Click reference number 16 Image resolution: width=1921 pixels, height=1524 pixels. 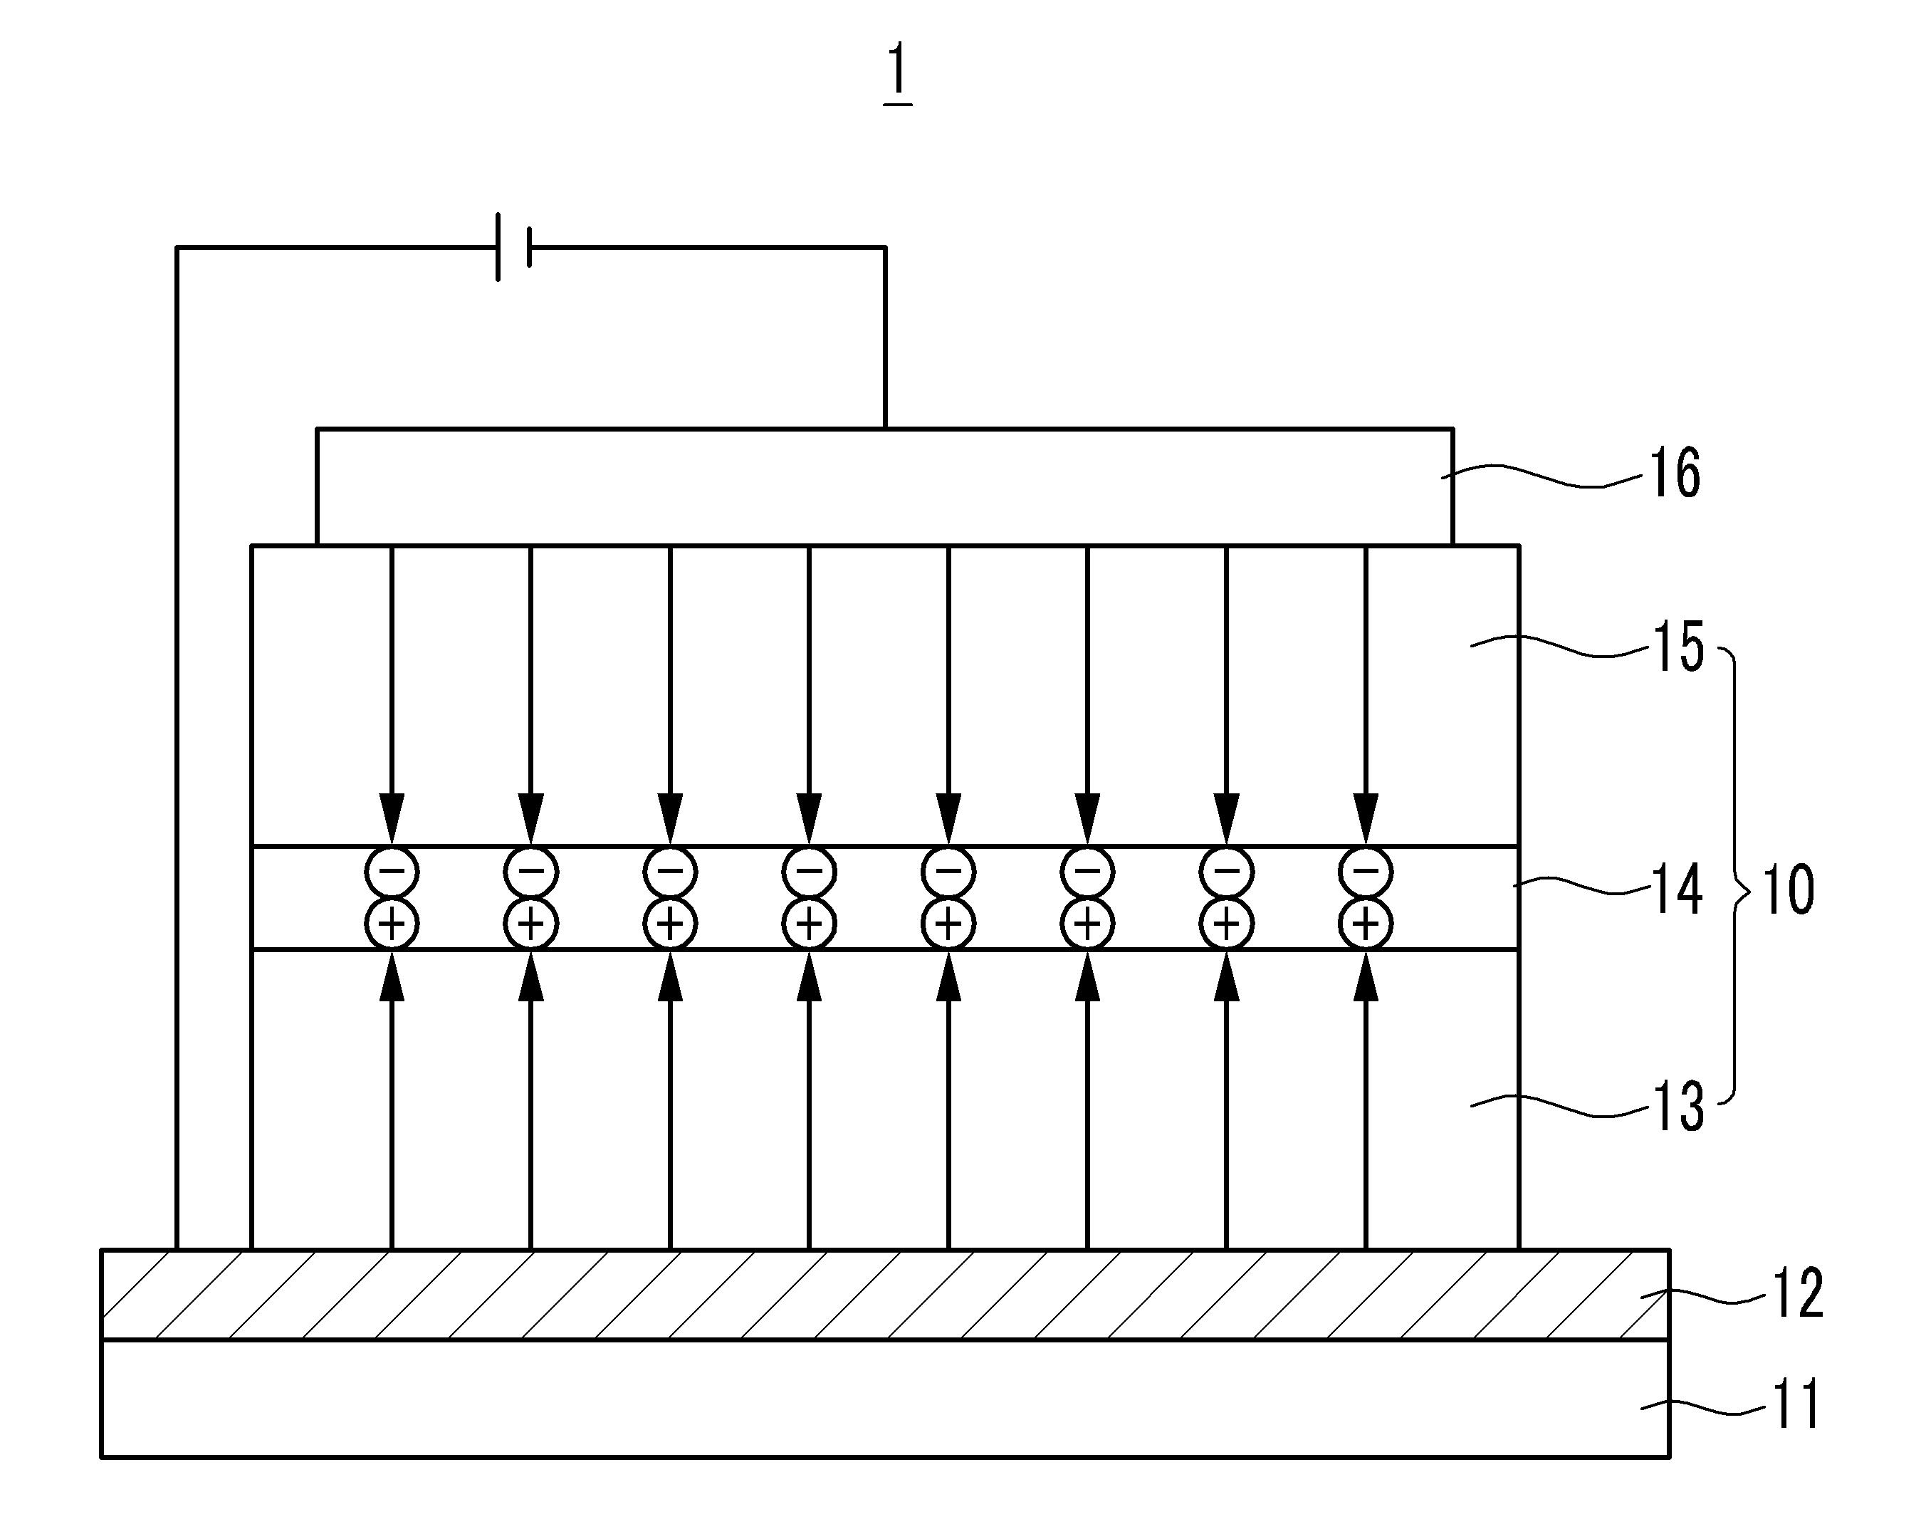pos(1676,474)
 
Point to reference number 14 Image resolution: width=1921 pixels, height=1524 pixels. pos(1677,889)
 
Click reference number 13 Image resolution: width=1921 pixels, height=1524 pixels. pos(1677,1107)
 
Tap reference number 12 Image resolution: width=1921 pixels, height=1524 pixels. pos(1797,1294)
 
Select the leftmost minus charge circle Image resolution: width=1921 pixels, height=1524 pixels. pos(392,871)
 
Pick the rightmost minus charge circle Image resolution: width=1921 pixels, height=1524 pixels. pos(1366,871)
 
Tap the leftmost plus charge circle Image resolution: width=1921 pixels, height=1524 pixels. pos(392,924)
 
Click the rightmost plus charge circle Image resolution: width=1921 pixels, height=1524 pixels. pos(1366,924)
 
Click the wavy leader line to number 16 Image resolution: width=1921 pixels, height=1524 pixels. pos(1541,476)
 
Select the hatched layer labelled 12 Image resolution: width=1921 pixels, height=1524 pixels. pos(885,1294)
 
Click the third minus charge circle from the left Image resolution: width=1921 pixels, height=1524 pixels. pos(670,871)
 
